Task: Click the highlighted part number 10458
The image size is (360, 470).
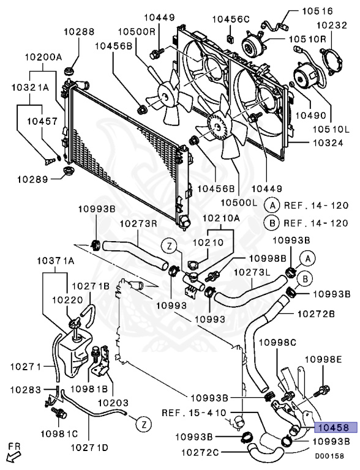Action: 336,427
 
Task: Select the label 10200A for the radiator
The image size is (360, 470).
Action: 43,57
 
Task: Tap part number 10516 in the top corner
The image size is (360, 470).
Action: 317,11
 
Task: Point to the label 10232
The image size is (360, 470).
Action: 332,25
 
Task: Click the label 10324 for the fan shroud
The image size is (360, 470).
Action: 328,143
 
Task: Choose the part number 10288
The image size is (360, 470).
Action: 79,31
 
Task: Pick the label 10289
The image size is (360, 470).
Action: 32,179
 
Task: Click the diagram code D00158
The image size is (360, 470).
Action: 329,456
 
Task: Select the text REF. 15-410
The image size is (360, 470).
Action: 194,412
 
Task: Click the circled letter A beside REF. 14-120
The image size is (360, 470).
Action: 272,206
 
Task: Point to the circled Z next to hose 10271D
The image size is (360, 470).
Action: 144,425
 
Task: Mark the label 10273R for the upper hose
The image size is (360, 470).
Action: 138,224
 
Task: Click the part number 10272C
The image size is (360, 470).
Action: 200,452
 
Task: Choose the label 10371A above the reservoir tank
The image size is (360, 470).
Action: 56,261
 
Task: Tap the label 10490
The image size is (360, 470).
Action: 311,115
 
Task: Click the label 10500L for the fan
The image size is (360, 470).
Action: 239,203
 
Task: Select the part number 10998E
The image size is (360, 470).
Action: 323,359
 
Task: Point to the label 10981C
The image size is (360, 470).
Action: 59,433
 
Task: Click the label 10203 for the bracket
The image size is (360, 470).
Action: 113,403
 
